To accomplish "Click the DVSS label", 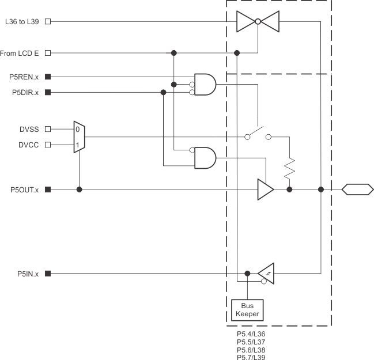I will [x=29, y=129].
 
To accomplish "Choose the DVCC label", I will [x=29, y=145].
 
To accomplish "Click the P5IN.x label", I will [x=28, y=274].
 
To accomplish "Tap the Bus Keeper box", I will [x=247, y=310].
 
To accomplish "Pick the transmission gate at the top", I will [x=258, y=22].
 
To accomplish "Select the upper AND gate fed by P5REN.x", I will [x=205, y=84].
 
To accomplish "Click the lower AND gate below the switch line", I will [x=205, y=157].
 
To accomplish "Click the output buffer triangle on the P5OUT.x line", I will [x=265, y=190].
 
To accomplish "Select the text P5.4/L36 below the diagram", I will [x=251, y=334].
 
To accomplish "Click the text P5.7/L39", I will [x=251, y=357].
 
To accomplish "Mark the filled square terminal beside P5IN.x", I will [x=48, y=274].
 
